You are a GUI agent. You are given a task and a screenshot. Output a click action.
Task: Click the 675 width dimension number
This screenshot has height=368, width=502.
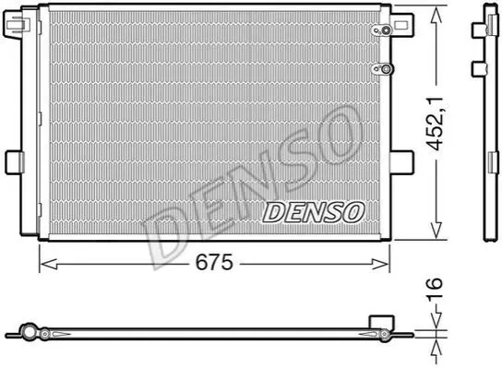(x=214, y=263)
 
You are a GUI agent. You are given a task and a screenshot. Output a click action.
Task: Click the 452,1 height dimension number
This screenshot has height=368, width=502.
(x=436, y=124)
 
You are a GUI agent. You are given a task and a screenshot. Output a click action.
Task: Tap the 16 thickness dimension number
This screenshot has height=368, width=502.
(x=435, y=289)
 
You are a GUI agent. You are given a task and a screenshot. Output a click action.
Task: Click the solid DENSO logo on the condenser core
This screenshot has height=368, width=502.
(x=314, y=212)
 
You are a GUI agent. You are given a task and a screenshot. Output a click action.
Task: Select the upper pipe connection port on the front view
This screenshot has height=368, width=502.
(x=382, y=30)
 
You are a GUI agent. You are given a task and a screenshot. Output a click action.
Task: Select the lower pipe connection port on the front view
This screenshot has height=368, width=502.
(x=382, y=68)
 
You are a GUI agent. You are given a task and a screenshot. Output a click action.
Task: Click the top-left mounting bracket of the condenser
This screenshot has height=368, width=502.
(x=16, y=23)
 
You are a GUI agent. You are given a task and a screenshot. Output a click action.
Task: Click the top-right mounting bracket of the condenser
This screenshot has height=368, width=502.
(x=402, y=25)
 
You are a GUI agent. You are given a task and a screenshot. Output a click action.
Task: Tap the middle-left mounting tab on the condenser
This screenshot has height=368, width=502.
(x=15, y=163)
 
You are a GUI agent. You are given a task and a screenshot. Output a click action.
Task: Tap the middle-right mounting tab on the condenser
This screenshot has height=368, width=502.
(x=402, y=162)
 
